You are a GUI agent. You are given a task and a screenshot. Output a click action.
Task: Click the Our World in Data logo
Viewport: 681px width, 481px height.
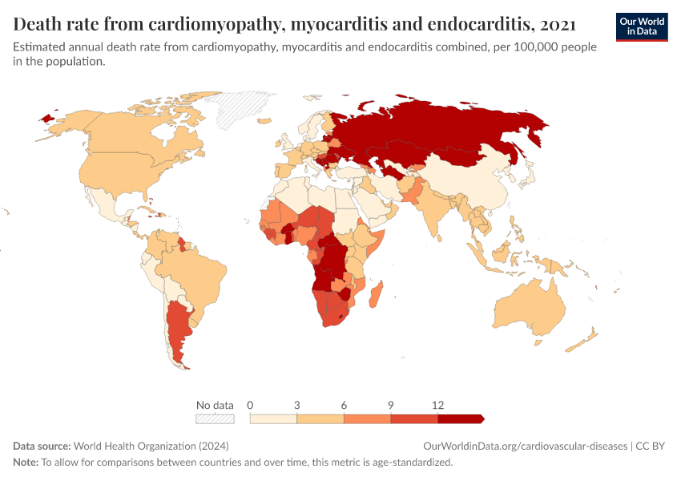(x=642, y=26)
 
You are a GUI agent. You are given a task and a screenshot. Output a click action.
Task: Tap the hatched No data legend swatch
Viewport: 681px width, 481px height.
(x=215, y=418)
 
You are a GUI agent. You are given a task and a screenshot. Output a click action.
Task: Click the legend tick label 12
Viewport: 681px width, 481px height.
(x=437, y=406)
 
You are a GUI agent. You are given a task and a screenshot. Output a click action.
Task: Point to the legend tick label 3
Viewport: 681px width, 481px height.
(x=297, y=406)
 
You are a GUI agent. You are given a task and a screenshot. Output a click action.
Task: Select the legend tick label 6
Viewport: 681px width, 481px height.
(x=344, y=406)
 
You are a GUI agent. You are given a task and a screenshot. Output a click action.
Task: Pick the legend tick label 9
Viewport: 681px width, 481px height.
(x=390, y=406)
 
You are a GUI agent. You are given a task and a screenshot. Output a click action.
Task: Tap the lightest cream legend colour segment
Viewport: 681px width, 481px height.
(x=273, y=418)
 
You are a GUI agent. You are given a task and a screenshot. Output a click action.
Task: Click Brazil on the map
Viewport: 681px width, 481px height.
(x=196, y=273)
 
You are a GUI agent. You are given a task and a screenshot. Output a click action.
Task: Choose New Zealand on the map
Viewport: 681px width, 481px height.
(x=583, y=341)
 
